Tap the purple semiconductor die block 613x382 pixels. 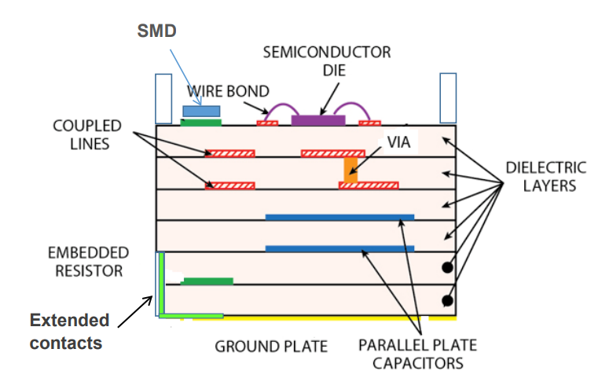pyautogui.click(x=318, y=120)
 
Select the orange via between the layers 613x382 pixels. pyautogui.click(x=351, y=170)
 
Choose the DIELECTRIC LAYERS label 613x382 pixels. pyautogui.click(x=545, y=177)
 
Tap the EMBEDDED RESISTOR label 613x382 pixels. pyautogui.click(x=87, y=262)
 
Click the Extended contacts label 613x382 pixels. pyautogui.click(x=70, y=332)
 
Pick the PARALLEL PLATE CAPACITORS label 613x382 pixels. pyautogui.click(x=417, y=354)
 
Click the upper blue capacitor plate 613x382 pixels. pyautogui.click(x=340, y=217)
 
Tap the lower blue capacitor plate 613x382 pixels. pyautogui.click(x=340, y=248)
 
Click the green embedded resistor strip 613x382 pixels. pyautogui.click(x=207, y=281)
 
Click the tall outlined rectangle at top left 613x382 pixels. pyautogui.click(x=163, y=97)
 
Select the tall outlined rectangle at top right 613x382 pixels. pyautogui.click(x=448, y=97)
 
